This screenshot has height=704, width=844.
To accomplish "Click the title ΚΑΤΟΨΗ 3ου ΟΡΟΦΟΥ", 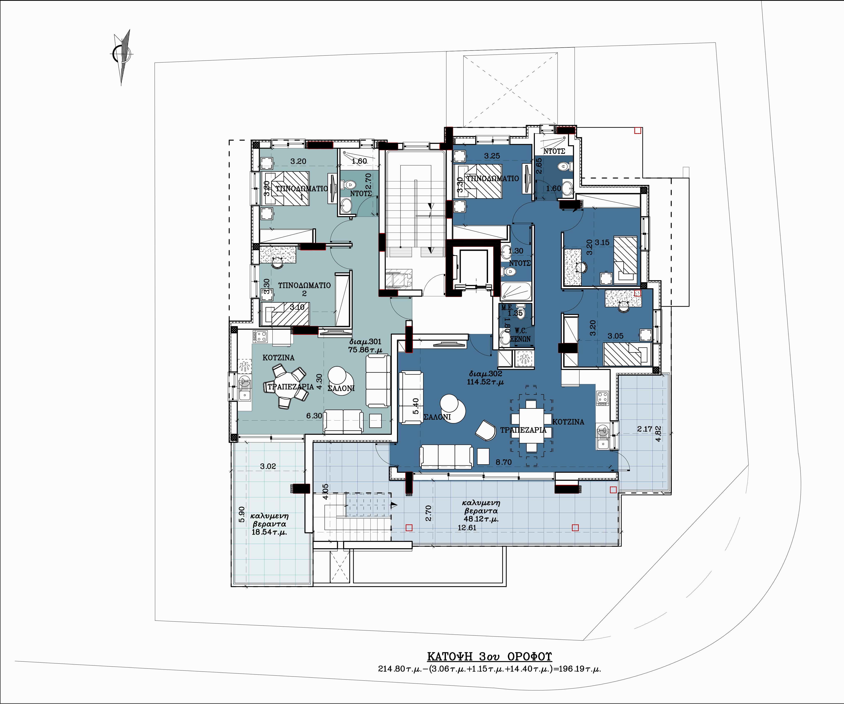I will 489,657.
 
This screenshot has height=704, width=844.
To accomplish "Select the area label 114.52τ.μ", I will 485,382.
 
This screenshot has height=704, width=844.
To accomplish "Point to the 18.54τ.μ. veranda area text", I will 269,532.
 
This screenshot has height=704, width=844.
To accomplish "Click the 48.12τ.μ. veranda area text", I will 481,519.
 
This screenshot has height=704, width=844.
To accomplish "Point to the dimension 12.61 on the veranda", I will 467,528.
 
